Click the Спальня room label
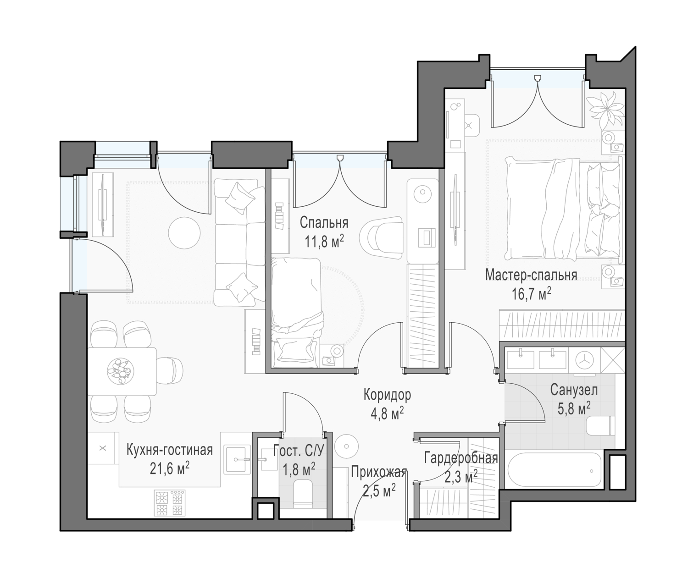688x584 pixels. [x=324, y=223]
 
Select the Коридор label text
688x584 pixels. [x=387, y=395]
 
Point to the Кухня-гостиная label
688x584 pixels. [x=169, y=450]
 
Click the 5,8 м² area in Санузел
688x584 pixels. [x=574, y=408]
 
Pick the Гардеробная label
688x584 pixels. [x=461, y=458]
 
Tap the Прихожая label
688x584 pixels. [x=379, y=472]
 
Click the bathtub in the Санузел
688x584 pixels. [x=554, y=471]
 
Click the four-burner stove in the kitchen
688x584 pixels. [x=170, y=502]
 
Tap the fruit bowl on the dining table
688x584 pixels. [x=121, y=371]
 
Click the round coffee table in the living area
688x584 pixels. [x=184, y=233]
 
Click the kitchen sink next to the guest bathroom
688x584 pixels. [x=237, y=459]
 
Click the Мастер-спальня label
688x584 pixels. [x=531, y=275]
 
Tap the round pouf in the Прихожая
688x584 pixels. [x=346, y=446]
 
